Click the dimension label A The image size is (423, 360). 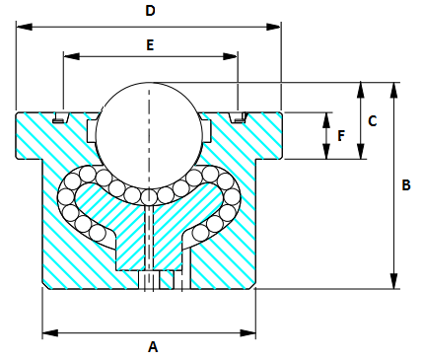pyautogui.click(x=152, y=346)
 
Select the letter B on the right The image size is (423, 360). pyautogui.click(x=406, y=184)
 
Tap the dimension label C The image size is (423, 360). pyautogui.click(x=372, y=120)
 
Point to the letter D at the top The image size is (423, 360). pyautogui.click(x=150, y=11)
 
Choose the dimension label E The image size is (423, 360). pyautogui.click(x=150, y=44)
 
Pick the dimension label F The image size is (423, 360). pyautogui.click(x=341, y=135)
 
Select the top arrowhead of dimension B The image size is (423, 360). pyautogui.click(x=394, y=87)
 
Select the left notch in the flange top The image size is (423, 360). pyautogui.click(x=60, y=119)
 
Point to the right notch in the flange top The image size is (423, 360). pyautogui.click(x=238, y=119)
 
